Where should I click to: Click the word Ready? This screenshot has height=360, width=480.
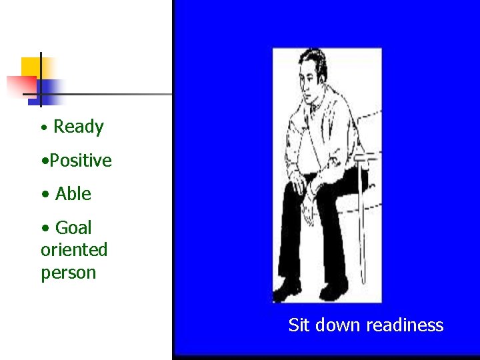click(x=79, y=127)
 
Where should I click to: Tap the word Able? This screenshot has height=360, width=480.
click(x=73, y=194)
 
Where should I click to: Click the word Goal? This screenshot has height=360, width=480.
click(x=73, y=228)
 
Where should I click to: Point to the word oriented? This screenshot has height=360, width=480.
click(x=74, y=250)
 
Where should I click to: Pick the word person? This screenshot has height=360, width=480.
click(x=69, y=273)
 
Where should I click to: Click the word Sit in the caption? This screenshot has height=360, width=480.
click(x=299, y=325)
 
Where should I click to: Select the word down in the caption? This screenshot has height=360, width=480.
click(x=337, y=325)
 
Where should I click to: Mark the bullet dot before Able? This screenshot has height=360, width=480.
click(x=45, y=195)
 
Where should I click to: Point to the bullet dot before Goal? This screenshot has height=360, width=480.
click(x=45, y=228)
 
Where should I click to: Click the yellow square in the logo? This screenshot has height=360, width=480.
click(x=31, y=67)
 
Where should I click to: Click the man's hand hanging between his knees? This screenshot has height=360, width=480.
click(x=309, y=212)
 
